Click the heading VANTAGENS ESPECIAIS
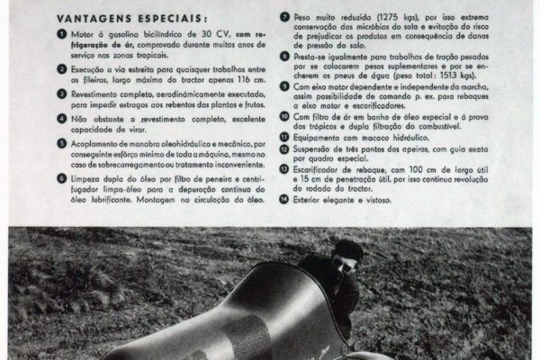coord(132,18)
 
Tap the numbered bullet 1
coord(62,34)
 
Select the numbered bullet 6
coord(62,178)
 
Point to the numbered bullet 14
coord(284,200)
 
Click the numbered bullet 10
coord(284,116)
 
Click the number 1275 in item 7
coord(389,17)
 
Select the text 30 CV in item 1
coord(216,34)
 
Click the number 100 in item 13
coord(416,169)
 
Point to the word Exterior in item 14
coord(306,200)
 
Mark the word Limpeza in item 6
coord(85,179)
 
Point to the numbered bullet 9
coord(284,86)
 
